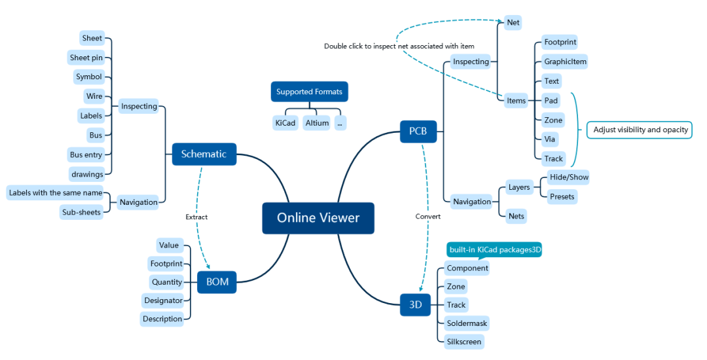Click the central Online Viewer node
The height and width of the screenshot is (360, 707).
coord(318,218)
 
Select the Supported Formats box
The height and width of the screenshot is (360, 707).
coord(309,92)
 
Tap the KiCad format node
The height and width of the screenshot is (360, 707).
coord(285,122)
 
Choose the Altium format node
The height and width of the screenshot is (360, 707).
coord(317,122)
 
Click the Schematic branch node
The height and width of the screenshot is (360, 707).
coord(204,154)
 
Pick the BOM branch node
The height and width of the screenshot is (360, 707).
coord(217,283)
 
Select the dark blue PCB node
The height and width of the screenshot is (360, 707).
coord(418,131)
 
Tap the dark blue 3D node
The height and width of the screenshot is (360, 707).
coord(415,304)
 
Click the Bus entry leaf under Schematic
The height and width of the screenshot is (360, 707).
coord(86,155)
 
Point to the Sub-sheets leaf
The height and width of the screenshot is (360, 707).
coord(81,212)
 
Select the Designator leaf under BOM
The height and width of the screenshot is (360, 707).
coord(163,300)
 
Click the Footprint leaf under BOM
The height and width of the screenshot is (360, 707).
coord(166,264)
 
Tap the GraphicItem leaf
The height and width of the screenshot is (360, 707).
coord(565,62)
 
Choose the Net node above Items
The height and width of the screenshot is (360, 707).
coord(513,22)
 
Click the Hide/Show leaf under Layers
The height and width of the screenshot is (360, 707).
coord(569,177)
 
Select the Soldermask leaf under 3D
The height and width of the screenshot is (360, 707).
coord(466,323)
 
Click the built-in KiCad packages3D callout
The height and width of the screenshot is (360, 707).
coord(494,250)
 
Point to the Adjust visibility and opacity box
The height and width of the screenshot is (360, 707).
coord(640,130)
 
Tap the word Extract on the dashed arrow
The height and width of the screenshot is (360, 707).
coord(196,217)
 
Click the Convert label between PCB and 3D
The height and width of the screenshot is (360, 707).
coord(428,216)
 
